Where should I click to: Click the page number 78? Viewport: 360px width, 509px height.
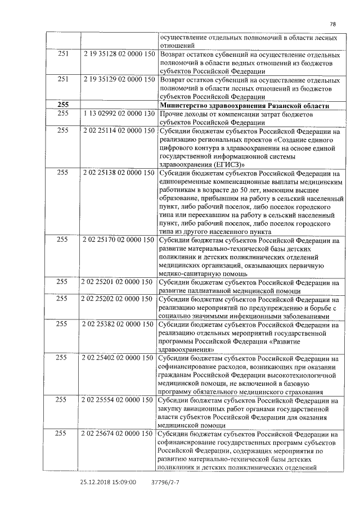332,24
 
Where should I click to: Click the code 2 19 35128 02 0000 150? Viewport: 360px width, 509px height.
119,55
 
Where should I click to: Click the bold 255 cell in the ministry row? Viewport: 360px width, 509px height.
63,105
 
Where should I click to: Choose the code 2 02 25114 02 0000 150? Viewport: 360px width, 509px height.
119,130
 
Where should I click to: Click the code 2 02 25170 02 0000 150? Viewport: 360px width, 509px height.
119,240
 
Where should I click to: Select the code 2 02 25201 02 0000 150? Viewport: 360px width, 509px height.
119,282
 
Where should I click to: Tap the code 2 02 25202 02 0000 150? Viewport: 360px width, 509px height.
119,300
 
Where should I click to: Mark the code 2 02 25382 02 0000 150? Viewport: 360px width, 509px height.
119,325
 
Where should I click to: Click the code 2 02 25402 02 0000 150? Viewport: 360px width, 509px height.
119,358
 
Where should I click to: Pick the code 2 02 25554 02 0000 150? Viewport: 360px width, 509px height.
119,400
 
